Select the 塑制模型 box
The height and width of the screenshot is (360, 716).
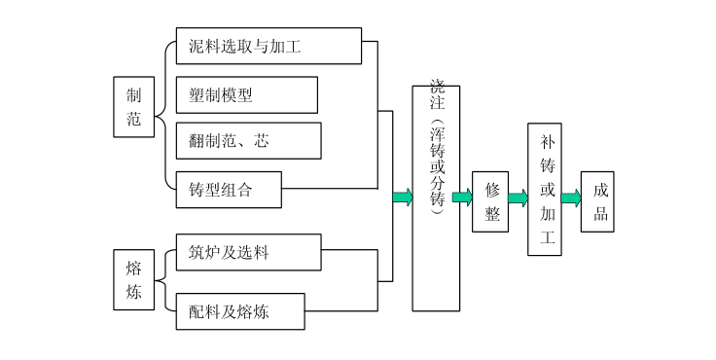[246, 94]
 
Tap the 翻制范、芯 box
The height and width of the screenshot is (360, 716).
[248, 141]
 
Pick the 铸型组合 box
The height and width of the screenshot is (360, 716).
[229, 190]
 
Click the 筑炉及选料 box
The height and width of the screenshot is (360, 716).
[248, 253]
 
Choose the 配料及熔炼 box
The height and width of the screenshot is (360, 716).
[240, 311]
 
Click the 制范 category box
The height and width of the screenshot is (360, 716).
[133, 107]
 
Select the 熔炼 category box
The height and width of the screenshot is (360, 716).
[133, 279]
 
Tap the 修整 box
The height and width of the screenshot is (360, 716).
[491, 202]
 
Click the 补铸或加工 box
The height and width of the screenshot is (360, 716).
[545, 189]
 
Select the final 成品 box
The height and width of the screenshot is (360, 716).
[598, 201]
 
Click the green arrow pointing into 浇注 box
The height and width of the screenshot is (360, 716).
[403, 198]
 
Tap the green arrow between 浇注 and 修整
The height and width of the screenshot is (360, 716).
[463, 198]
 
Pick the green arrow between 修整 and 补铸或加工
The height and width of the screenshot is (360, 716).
[518, 198]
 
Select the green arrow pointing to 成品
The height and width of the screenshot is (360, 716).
[572, 198]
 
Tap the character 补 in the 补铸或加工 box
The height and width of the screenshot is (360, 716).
[546, 142]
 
